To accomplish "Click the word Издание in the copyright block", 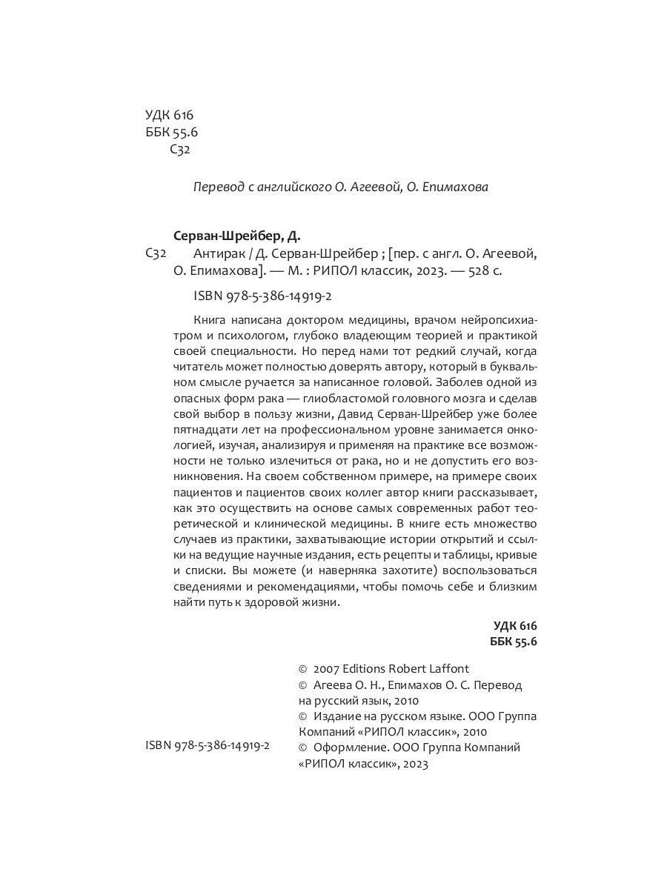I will tap(337, 716).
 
